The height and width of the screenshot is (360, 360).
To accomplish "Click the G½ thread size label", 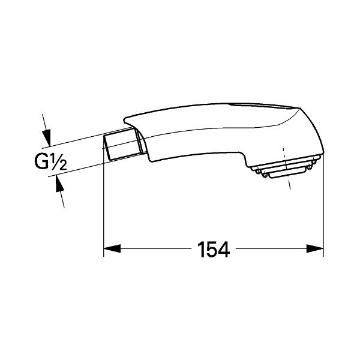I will [50, 161].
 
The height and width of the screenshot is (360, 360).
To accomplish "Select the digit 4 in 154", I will [224, 248].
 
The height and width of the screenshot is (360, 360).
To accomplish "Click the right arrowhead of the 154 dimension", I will [317, 248].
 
